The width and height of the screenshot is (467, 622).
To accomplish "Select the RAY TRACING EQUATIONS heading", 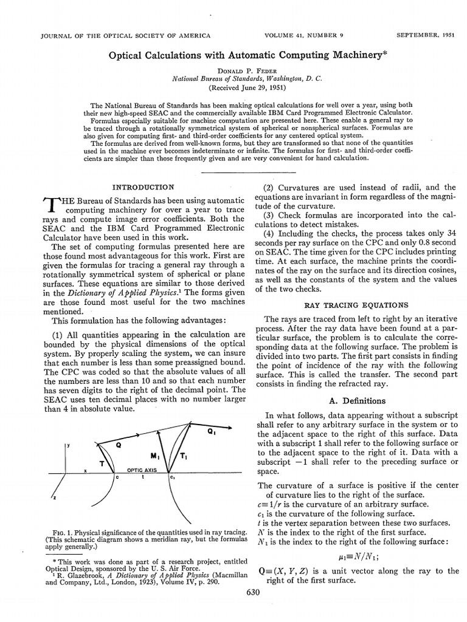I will pyautogui.click(x=356, y=304).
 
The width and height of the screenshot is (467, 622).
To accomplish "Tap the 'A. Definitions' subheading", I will pyautogui.click(x=356, y=401).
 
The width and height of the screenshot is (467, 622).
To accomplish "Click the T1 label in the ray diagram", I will pyautogui.click(x=182, y=455).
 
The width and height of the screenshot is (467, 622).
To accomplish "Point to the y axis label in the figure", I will pyautogui.click(x=69, y=445).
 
